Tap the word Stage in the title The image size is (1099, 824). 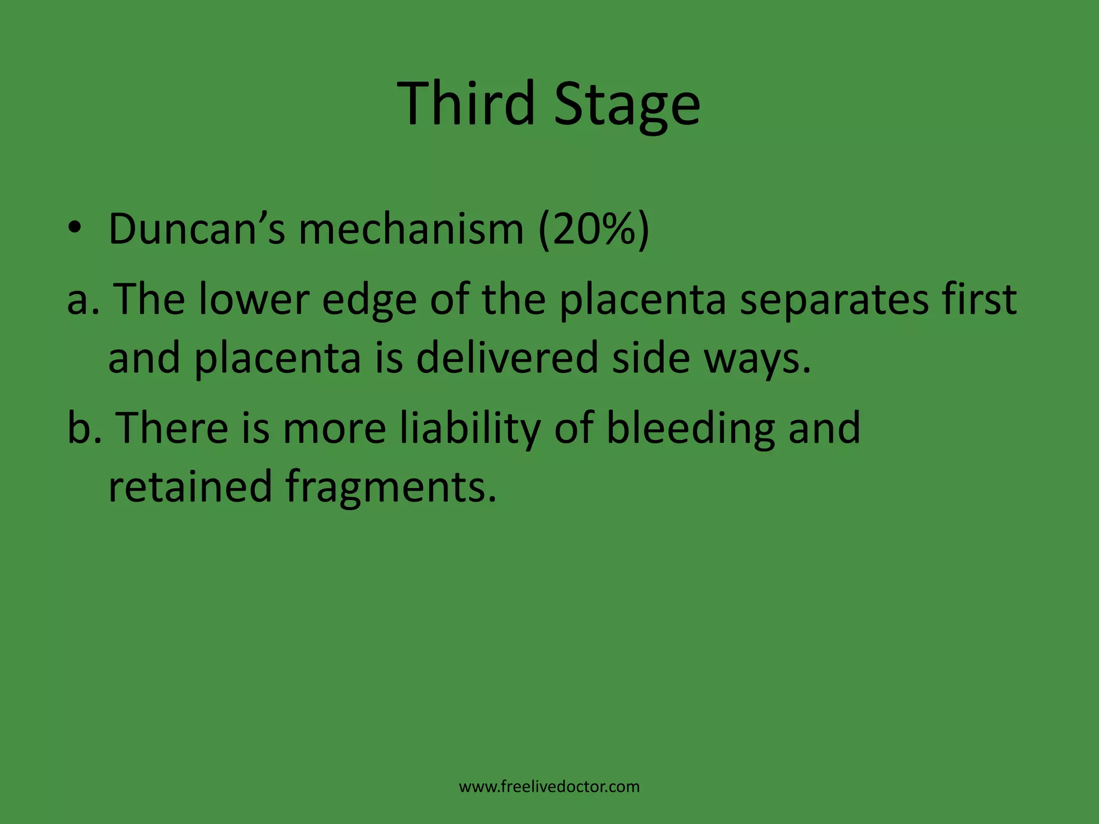[x=627, y=105]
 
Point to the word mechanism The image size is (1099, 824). [x=411, y=230]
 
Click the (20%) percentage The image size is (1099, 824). [x=594, y=230]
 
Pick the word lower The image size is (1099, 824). [x=253, y=299]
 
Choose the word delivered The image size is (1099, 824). [x=507, y=358]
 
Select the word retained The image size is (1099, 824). [x=191, y=486]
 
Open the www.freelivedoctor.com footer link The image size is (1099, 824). [x=549, y=787]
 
